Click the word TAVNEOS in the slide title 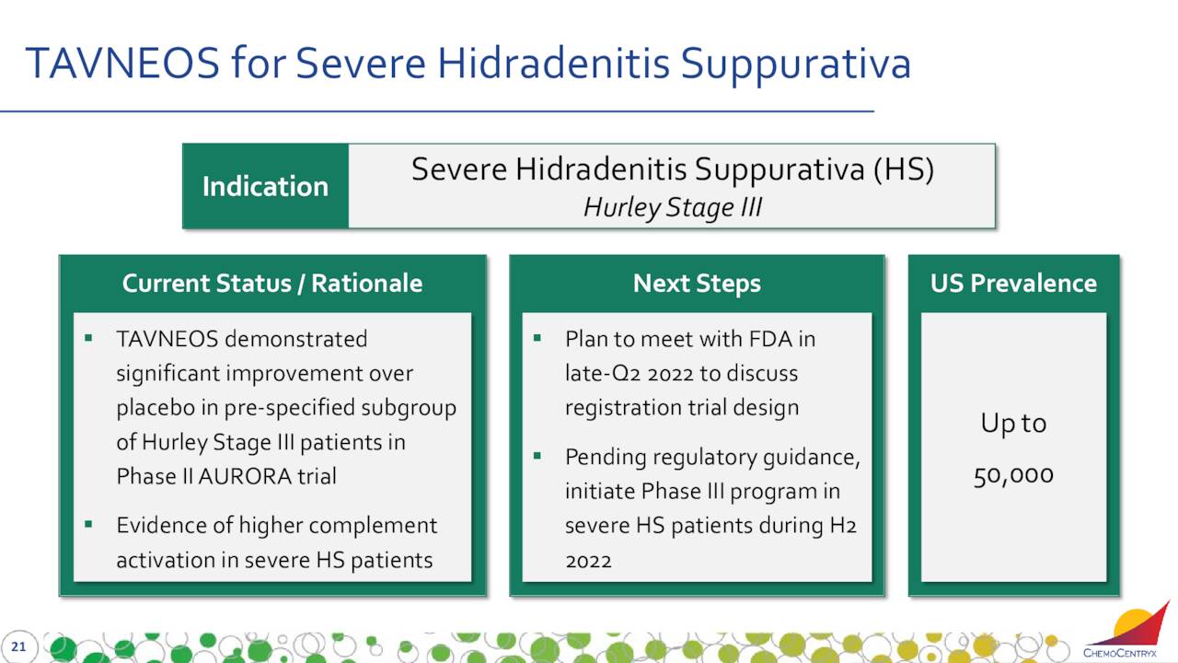[x=122, y=64]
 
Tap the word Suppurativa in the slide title [x=796, y=65]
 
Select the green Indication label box [x=266, y=186]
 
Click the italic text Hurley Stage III [x=673, y=207]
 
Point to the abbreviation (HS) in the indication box [x=904, y=169]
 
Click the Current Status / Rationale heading [x=272, y=283]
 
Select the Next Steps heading [x=697, y=283]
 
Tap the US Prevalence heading [x=1013, y=283]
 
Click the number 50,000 [x=1013, y=476]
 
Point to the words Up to [x=1013, y=423]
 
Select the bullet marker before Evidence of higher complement [x=88, y=524]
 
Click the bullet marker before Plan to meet [x=537, y=338]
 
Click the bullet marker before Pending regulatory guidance [x=537, y=456]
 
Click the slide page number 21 [x=18, y=646]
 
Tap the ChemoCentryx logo [x=1126, y=631]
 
